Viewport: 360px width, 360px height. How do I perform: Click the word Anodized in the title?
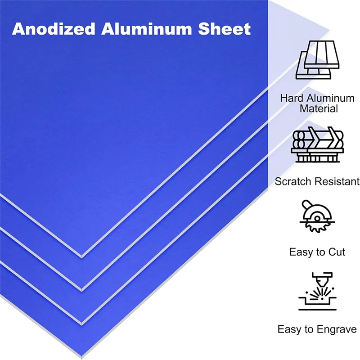coord(54,29)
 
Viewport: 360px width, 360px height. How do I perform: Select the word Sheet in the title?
coord(226,29)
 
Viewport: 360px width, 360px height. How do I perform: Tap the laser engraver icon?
coord(317,292)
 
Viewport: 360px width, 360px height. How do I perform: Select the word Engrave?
coord(336,329)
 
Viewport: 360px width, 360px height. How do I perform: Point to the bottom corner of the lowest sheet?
coord(81,324)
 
